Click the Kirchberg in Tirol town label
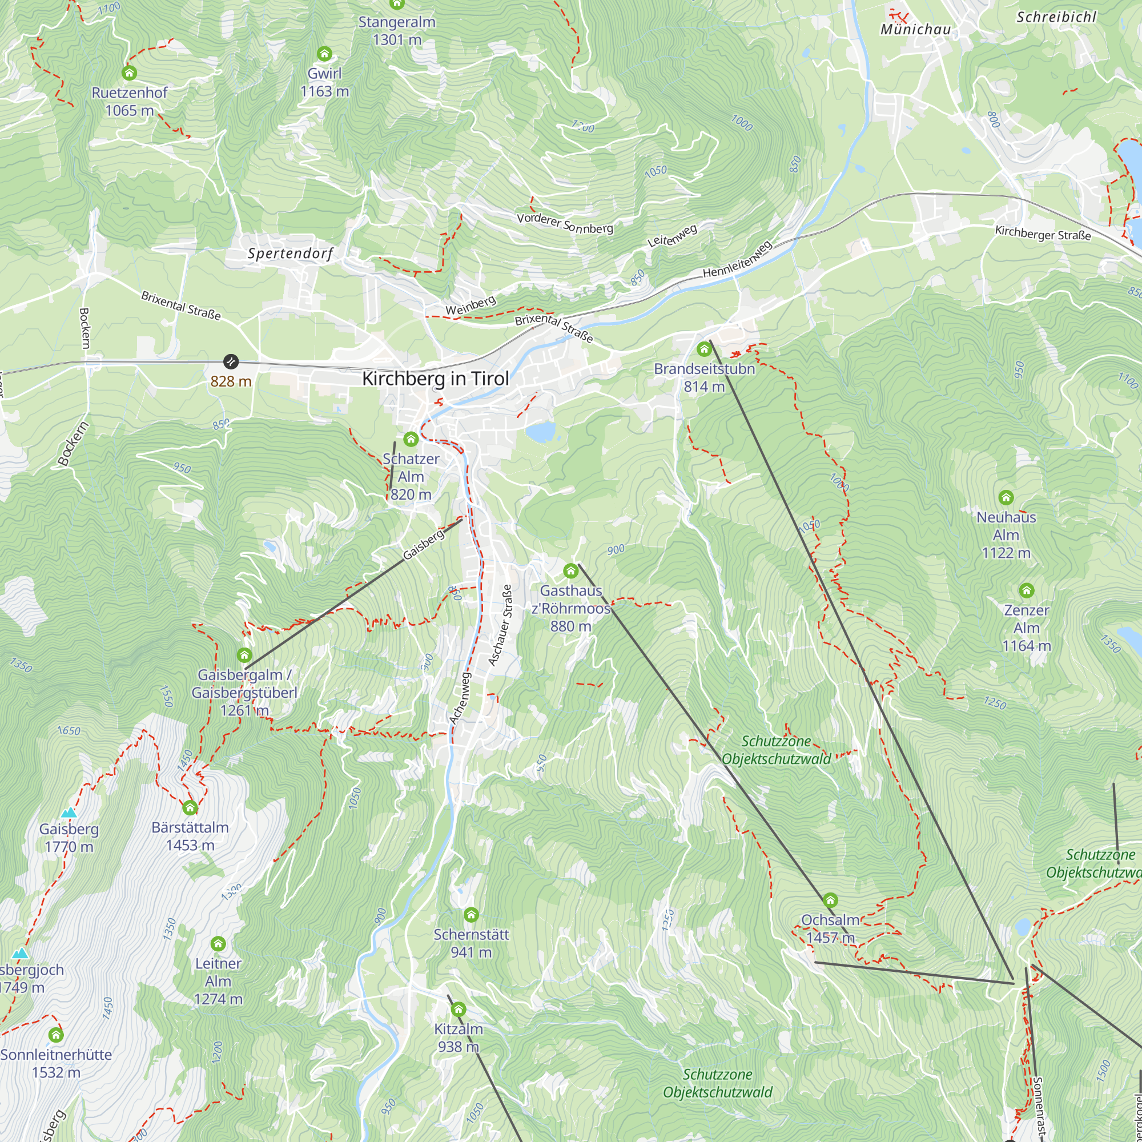pyautogui.click(x=435, y=379)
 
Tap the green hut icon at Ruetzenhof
pyautogui.click(x=129, y=73)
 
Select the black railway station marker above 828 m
pyautogui.click(x=231, y=361)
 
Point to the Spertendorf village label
pyautogui.click(x=290, y=254)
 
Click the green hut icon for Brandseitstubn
pyautogui.click(x=703, y=349)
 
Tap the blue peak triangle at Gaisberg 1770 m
pyautogui.click(x=69, y=813)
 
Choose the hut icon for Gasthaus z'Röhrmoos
pyautogui.click(x=570, y=571)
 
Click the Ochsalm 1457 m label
pyautogui.click(x=830, y=928)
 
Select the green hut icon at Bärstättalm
pyautogui.click(x=190, y=807)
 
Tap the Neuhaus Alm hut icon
pyautogui.click(x=1006, y=498)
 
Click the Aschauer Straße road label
pyautogui.click(x=500, y=625)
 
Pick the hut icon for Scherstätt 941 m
pyautogui.click(x=471, y=915)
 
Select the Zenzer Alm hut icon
pyautogui.click(x=1026, y=590)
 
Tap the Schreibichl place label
pyautogui.click(x=1056, y=17)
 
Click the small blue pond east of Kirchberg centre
pyautogui.click(x=540, y=432)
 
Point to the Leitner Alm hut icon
pyautogui.click(x=218, y=944)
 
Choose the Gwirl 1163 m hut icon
pyautogui.click(x=324, y=54)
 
